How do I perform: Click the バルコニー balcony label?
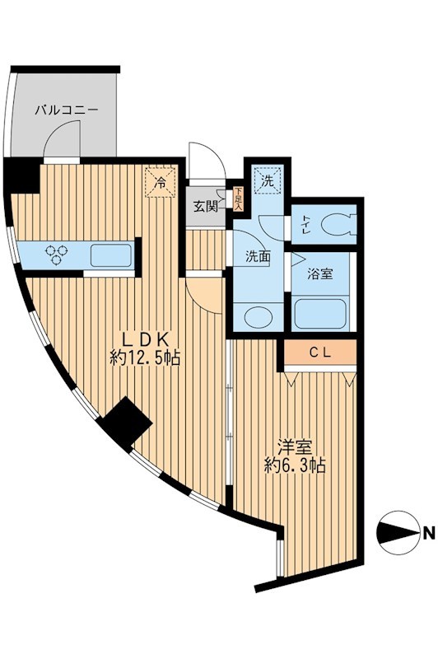[68, 109]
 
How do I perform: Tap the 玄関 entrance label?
[206, 207]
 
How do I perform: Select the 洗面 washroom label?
[257, 256]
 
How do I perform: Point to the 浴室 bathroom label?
[320, 273]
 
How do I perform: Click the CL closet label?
[320, 352]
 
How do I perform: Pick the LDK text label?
[146, 339]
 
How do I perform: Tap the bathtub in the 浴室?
[319, 313]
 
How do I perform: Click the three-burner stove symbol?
[57, 255]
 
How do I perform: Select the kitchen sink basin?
[109, 255]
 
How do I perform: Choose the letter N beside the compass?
[427, 533]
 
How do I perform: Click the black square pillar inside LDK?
[125, 425]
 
